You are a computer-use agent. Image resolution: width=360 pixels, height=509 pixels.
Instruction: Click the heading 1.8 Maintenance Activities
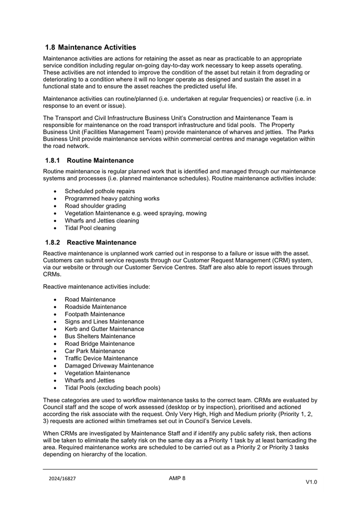(91, 47)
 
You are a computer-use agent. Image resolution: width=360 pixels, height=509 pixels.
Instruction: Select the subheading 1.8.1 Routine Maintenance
(90, 160)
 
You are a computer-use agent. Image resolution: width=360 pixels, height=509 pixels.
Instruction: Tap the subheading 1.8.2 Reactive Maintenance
(91, 242)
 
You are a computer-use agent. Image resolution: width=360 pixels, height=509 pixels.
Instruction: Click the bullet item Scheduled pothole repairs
(100, 191)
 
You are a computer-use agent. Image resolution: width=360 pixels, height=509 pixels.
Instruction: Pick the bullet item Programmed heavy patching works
(112, 198)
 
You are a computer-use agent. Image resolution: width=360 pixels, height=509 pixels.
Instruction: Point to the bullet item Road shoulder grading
(95, 206)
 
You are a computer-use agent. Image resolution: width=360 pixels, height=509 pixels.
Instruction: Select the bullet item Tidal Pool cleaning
(90, 228)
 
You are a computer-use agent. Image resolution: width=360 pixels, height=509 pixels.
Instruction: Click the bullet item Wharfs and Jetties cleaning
(102, 220)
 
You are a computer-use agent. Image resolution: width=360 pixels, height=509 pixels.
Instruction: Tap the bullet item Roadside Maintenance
(95, 307)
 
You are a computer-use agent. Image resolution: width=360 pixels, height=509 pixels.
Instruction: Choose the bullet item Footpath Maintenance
(95, 314)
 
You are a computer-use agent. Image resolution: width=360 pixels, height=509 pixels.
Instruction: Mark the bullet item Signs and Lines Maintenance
(104, 322)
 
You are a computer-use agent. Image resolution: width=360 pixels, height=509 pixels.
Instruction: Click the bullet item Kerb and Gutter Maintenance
(104, 329)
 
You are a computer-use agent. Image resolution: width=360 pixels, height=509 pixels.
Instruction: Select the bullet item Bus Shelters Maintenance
(100, 336)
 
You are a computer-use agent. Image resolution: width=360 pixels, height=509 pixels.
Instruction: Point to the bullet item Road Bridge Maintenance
(100, 344)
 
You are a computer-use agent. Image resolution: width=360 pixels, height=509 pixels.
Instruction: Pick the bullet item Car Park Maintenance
(95, 351)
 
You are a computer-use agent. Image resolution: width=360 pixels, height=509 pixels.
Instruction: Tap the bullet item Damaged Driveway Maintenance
(109, 365)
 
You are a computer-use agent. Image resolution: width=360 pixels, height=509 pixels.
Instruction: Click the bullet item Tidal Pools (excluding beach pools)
(113, 388)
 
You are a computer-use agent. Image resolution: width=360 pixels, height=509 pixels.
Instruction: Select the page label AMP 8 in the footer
(177, 478)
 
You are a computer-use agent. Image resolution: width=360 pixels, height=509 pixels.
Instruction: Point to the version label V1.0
(311, 482)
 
